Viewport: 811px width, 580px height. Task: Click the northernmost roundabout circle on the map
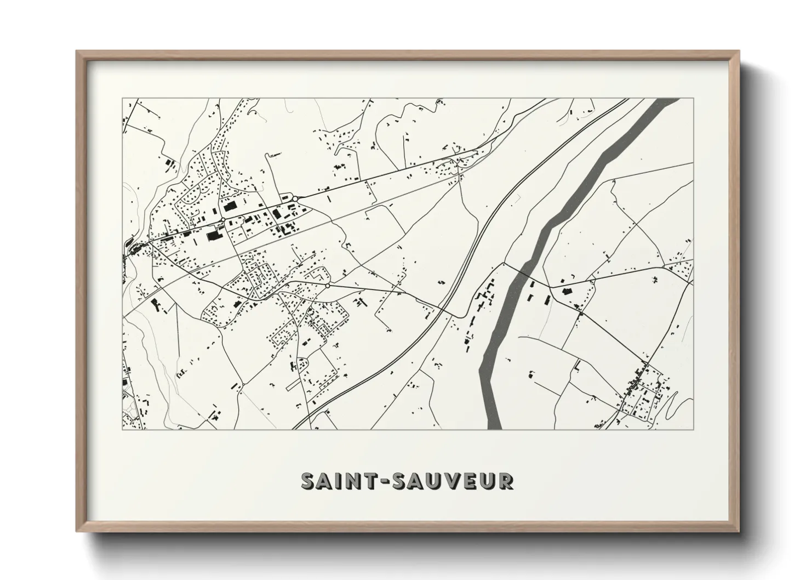(x=295, y=198)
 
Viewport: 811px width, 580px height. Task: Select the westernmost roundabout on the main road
(x=223, y=220)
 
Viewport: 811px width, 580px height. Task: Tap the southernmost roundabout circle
(x=327, y=286)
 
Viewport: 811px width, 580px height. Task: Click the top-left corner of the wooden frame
(x=77, y=52)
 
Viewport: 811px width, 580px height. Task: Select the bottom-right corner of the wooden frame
(x=740, y=532)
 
